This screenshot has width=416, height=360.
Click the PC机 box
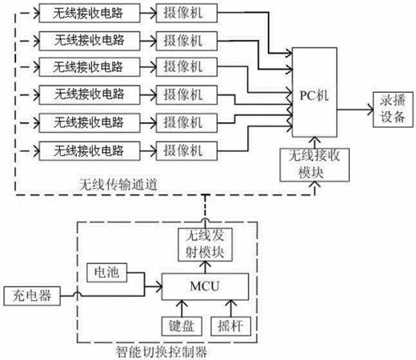tap(314, 92)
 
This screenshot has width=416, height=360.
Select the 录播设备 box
tap(393, 110)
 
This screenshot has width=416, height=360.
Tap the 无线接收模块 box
tap(314, 165)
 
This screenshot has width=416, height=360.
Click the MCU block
tap(205, 286)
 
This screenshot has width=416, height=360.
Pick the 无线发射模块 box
tap(205, 245)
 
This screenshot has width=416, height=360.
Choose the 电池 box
tap(106, 273)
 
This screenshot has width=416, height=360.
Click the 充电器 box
tap(32, 296)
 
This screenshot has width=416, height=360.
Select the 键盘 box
tap(182, 326)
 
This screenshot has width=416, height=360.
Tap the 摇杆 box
tap(230, 326)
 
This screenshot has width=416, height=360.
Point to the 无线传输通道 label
tap(118, 184)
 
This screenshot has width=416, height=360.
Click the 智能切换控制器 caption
tap(162, 352)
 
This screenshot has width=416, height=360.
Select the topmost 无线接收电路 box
tap(90, 13)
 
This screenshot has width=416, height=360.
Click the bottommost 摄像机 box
tap(186, 151)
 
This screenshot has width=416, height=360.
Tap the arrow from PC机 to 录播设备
tap(355, 110)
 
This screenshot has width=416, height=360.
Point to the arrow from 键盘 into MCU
tap(182, 309)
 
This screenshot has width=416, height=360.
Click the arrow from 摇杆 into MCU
tap(231, 309)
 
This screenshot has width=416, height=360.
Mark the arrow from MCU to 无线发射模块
tap(206, 267)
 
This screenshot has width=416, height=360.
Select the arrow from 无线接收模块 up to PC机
tap(315, 143)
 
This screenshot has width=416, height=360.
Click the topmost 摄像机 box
tap(186, 13)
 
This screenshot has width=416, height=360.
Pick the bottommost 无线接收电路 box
tap(90, 151)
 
